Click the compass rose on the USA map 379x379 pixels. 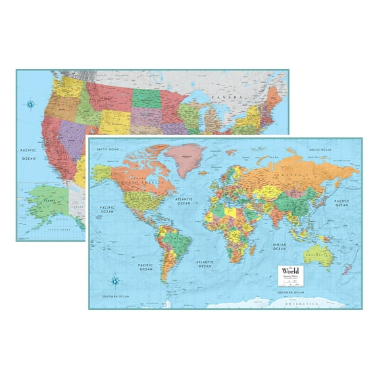tap(30, 103)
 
